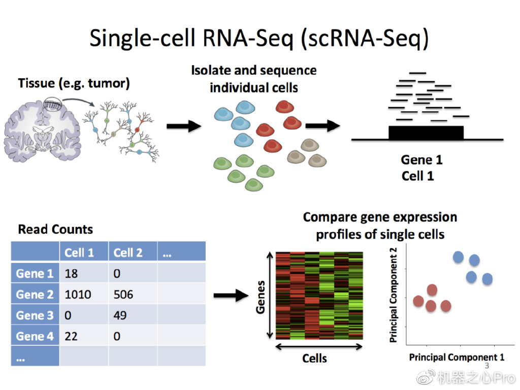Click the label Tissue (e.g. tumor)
point(74,83)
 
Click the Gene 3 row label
point(35,315)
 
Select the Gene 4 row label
point(35,336)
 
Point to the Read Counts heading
point(55,230)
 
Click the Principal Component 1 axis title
point(457,357)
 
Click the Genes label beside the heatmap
point(261,297)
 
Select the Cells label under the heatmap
point(314,359)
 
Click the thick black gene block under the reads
point(426,133)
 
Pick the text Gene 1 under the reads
point(421,160)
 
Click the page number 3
point(486,366)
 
